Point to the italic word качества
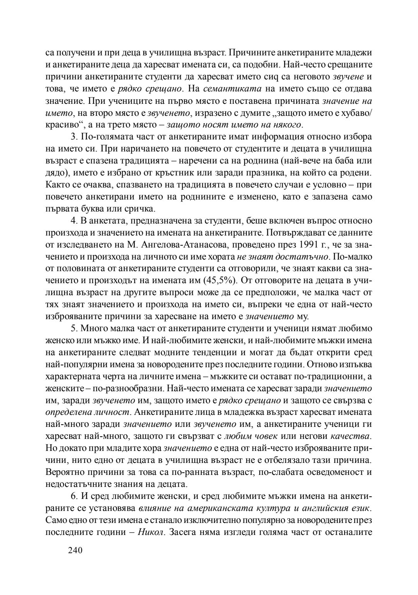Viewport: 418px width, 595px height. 350,436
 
